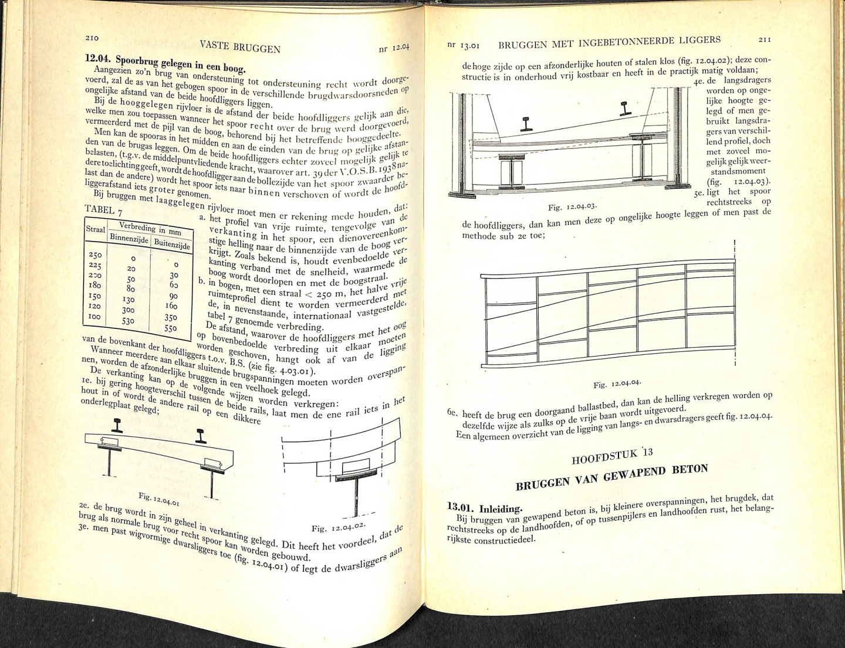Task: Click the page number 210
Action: coord(92,38)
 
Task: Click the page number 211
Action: coord(765,39)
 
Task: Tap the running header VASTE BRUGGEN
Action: coord(240,46)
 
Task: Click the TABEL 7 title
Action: coord(103,211)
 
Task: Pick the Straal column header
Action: coord(96,229)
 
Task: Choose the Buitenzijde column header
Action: coord(172,243)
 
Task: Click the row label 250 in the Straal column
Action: coord(95,255)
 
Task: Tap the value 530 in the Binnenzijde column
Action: coord(128,321)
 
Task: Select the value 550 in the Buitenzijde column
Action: coord(171,328)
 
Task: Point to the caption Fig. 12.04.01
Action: coord(159,499)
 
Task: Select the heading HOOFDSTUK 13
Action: coord(612,456)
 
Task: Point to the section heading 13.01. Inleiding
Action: coord(484,508)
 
